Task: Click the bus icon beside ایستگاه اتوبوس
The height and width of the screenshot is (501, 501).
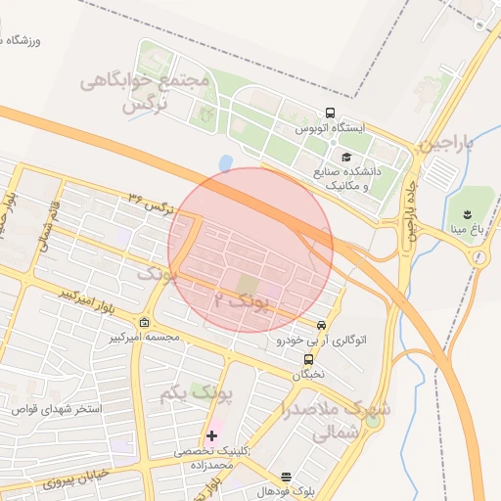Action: click(330, 113)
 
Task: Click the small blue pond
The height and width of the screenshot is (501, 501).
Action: click(226, 161)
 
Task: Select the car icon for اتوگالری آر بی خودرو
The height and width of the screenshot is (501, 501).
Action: click(321, 325)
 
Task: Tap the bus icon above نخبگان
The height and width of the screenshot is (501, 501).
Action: click(308, 359)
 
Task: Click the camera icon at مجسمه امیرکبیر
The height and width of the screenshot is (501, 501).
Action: click(145, 323)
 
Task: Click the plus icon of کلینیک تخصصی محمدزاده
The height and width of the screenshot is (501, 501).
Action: click(211, 434)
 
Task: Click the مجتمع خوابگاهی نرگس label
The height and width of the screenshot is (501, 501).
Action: click(147, 91)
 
